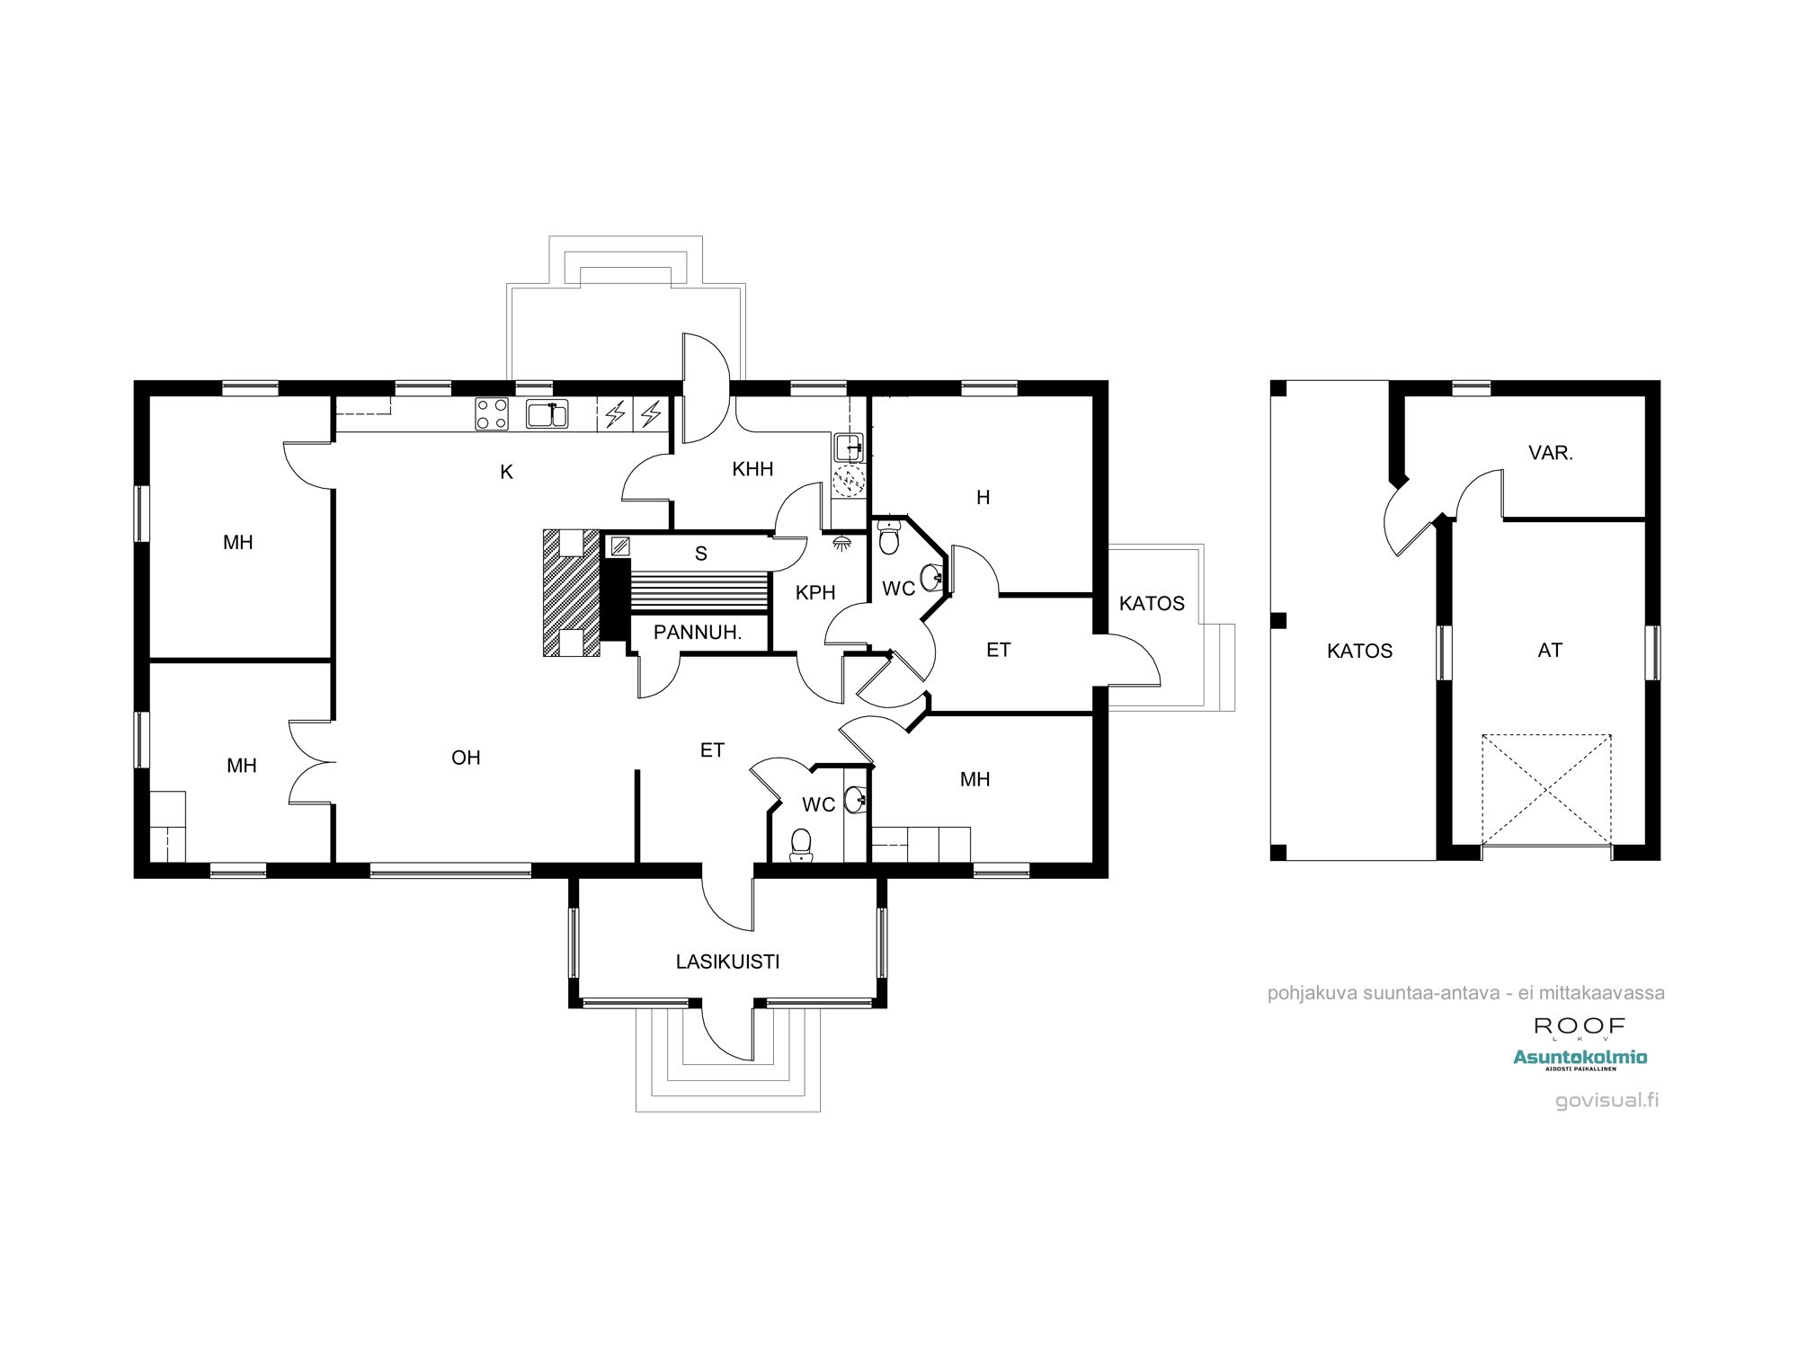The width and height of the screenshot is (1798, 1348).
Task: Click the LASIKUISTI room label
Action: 727,962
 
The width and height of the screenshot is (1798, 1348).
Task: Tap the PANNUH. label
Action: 697,633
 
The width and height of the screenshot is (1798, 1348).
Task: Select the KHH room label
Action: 752,469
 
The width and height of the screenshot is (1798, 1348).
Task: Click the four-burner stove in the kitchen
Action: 492,414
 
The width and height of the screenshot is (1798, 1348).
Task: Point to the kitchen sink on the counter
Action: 547,414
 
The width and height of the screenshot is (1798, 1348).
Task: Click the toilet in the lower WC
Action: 800,845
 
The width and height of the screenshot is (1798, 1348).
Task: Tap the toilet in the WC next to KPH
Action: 888,537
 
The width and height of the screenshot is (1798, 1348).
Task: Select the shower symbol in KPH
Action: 842,543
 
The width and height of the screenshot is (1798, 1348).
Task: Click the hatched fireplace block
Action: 571,593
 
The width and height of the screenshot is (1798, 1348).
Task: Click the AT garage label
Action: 1550,650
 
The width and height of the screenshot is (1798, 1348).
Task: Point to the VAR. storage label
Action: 1551,453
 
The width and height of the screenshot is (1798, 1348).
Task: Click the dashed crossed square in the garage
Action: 1546,789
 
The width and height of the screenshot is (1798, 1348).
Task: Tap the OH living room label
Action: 466,758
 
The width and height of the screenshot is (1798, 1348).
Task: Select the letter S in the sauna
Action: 701,554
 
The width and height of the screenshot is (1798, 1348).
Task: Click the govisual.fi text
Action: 1607,1100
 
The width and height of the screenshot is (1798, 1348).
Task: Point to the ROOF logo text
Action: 1580,1025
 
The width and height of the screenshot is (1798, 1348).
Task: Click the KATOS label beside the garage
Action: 1359,651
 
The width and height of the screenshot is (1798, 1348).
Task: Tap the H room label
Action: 983,497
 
